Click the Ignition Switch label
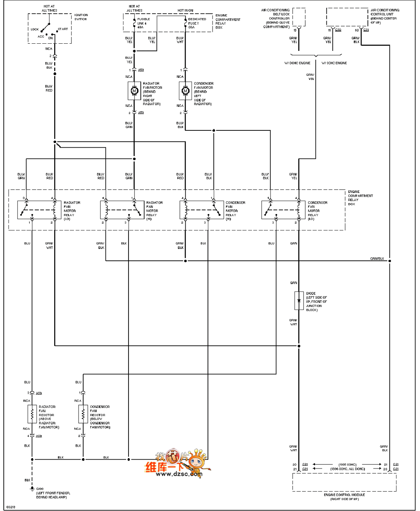tap(81, 17)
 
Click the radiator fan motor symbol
tap(134, 90)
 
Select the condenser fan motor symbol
tap(185, 90)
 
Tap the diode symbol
tap(299, 301)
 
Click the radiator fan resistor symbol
tap(31, 414)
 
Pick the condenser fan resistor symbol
tap(83, 414)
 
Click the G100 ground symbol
tap(31, 488)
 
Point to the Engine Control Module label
tap(344, 495)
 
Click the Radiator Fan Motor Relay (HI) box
tap(122, 209)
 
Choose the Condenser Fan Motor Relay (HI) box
tap(201, 209)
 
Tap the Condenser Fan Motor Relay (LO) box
tap(283, 209)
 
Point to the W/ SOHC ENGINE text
tap(334, 63)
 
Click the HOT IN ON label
tap(185, 10)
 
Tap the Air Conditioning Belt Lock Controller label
tap(276, 18)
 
